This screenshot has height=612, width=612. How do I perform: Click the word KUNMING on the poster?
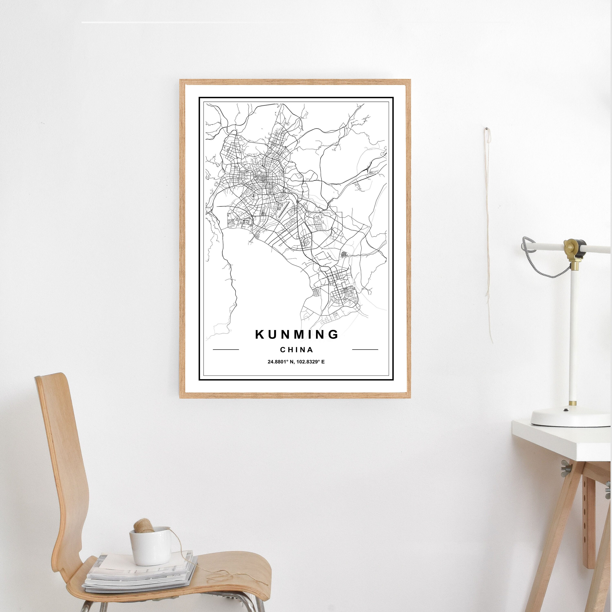297,335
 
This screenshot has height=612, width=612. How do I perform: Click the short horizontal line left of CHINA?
226,350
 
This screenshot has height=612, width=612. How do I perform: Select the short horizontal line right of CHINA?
365,350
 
